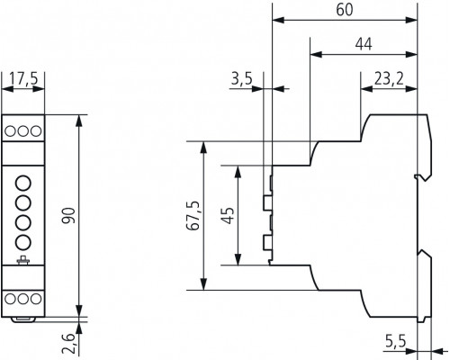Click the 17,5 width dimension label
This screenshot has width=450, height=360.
coord(23,79)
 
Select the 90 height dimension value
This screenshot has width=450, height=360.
coord(68,215)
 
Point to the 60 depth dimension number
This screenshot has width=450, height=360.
coord(345,10)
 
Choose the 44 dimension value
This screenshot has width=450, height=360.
coord(364,44)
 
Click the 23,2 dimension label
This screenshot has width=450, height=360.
coord(389,79)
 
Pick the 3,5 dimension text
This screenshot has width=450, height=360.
coord(242,79)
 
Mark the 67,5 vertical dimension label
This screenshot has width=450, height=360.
coord(193,215)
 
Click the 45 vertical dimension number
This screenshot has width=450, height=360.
coord(228,215)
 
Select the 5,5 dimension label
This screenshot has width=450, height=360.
coord(395,341)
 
